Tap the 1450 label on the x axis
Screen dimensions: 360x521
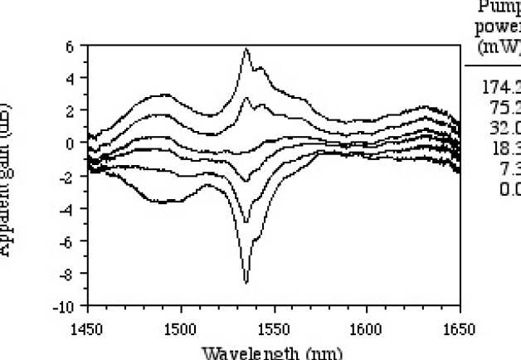[86, 327]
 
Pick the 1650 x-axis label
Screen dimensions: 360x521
[458, 327]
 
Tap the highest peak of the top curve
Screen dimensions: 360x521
[246, 50]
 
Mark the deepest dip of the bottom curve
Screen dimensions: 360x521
[246, 283]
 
